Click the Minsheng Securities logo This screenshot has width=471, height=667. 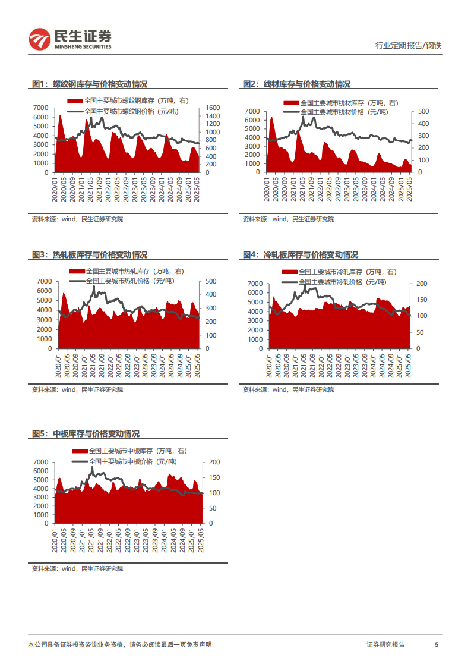click(x=69, y=39)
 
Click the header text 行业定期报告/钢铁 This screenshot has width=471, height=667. click(x=409, y=45)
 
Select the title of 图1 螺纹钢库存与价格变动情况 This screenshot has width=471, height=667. click(x=90, y=84)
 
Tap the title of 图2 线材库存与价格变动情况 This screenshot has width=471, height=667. click(x=296, y=84)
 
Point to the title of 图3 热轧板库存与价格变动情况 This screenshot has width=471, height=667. click(x=90, y=254)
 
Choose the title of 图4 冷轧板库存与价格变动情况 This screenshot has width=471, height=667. click(x=301, y=254)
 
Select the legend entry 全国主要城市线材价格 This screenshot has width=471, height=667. click(x=344, y=112)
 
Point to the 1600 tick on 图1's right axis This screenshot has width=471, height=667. click(x=213, y=108)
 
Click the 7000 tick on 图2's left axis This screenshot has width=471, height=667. click(x=252, y=111)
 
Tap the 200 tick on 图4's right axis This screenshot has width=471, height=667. click(x=421, y=284)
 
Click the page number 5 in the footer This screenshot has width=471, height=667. click(x=437, y=644)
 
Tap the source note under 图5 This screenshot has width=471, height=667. click(x=77, y=569)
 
